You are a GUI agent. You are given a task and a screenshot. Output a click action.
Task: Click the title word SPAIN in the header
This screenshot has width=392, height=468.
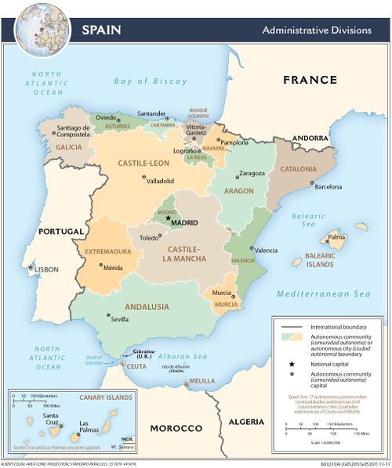tap(102, 31)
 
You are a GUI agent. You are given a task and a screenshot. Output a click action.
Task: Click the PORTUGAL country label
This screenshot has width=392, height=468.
tap(61, 232)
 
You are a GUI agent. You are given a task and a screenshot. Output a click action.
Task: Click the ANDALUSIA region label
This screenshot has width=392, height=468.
tap(128, 307)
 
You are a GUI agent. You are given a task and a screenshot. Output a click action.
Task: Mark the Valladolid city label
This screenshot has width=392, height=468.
tap(160, 181)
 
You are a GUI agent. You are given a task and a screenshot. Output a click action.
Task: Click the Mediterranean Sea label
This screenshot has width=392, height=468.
tap(322, 294)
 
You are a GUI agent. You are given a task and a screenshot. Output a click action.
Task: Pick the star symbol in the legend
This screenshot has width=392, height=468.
tap(292, 365)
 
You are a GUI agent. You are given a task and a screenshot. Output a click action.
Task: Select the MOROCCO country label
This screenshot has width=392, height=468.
tap(176, 429)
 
